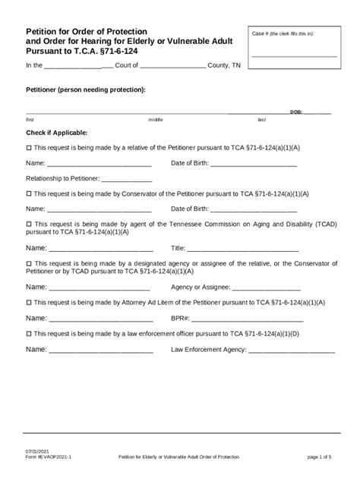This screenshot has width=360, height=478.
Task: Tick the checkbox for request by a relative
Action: tap(29, 148)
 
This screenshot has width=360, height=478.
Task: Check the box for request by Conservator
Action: tap(29, 193)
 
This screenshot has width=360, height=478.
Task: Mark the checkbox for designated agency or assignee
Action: tap(29, 263)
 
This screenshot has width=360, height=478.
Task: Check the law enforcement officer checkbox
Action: tap(29, 333)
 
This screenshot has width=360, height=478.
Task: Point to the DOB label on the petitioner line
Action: tap(296, 112)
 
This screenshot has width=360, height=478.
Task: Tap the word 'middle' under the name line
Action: tap(156, 120)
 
